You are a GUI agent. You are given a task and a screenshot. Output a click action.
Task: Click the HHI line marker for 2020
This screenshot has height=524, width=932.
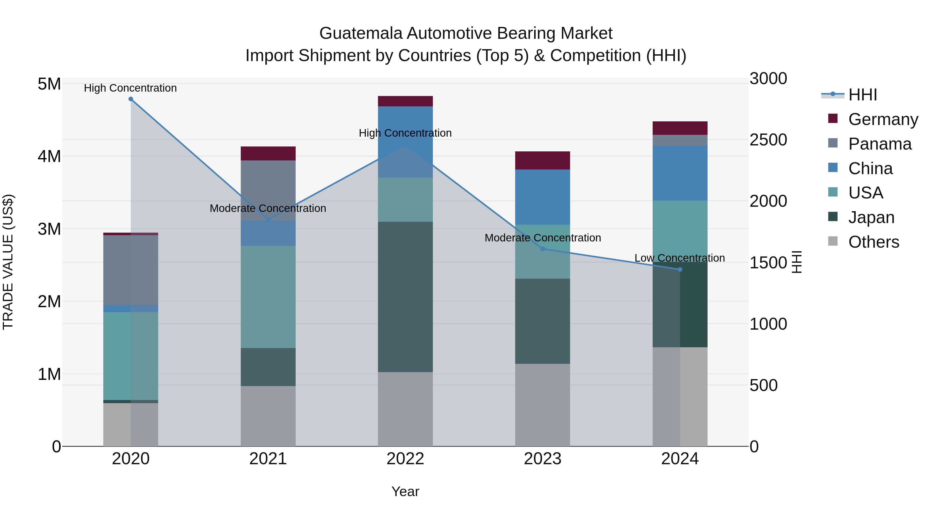131,99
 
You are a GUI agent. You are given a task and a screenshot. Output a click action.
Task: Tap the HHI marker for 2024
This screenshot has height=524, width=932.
680,269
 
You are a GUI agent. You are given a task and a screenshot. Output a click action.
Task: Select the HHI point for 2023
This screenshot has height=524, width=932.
542,249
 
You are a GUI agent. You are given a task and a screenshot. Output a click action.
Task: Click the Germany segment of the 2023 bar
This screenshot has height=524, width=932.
542,160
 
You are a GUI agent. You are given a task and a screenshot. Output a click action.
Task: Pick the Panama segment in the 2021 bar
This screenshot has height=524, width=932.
268,190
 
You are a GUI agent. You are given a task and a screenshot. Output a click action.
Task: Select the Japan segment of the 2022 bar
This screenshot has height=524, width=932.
405,297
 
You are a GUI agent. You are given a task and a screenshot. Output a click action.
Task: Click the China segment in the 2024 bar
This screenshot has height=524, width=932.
680,173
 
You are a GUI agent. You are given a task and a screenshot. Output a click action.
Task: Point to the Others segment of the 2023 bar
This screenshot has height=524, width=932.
542,405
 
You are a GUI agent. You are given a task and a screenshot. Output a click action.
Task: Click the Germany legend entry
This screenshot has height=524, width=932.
883,119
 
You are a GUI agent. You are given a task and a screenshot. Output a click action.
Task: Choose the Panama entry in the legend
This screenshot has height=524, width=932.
879,144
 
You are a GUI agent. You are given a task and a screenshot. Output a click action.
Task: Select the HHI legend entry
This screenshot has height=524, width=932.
862,95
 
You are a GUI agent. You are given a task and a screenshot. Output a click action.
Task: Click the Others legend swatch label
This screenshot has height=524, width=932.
873,242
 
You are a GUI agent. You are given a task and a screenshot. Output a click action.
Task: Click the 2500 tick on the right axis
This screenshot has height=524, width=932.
768,140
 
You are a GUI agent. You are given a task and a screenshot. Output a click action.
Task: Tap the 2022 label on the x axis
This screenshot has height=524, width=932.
405,459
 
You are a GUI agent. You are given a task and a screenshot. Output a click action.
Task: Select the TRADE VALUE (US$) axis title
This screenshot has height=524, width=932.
8,262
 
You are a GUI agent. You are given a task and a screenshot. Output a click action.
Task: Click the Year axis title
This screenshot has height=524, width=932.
405,491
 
